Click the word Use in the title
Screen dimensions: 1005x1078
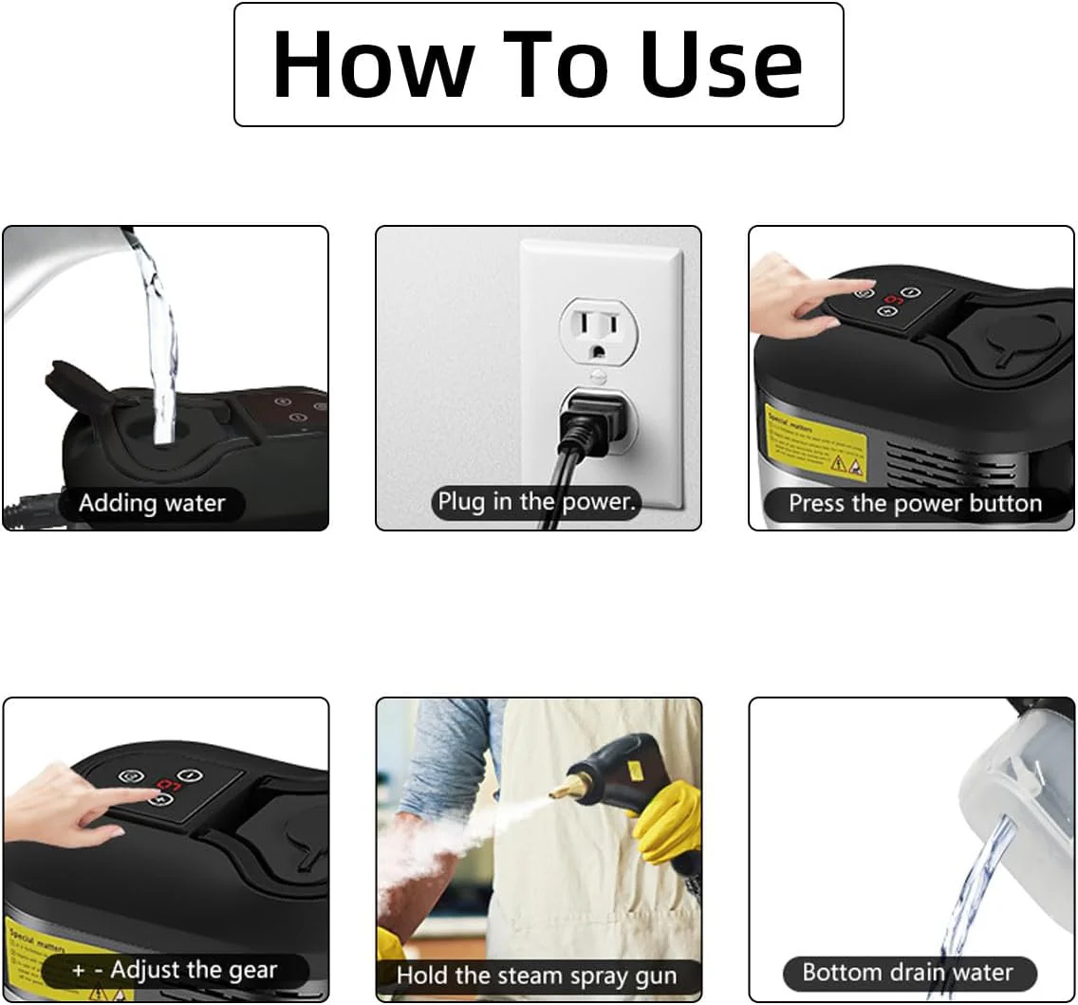point(721,65)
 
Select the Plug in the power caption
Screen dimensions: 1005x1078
point(537,501)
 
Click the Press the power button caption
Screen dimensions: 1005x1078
point(915,503)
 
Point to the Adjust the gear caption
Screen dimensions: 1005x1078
point(175,970)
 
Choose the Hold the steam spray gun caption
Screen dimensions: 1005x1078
point(537,975)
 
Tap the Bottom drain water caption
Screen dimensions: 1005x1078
point(907,973)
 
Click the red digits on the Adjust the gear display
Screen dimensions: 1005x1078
point(168,785)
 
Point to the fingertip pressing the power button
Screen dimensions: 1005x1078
point(868,284)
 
